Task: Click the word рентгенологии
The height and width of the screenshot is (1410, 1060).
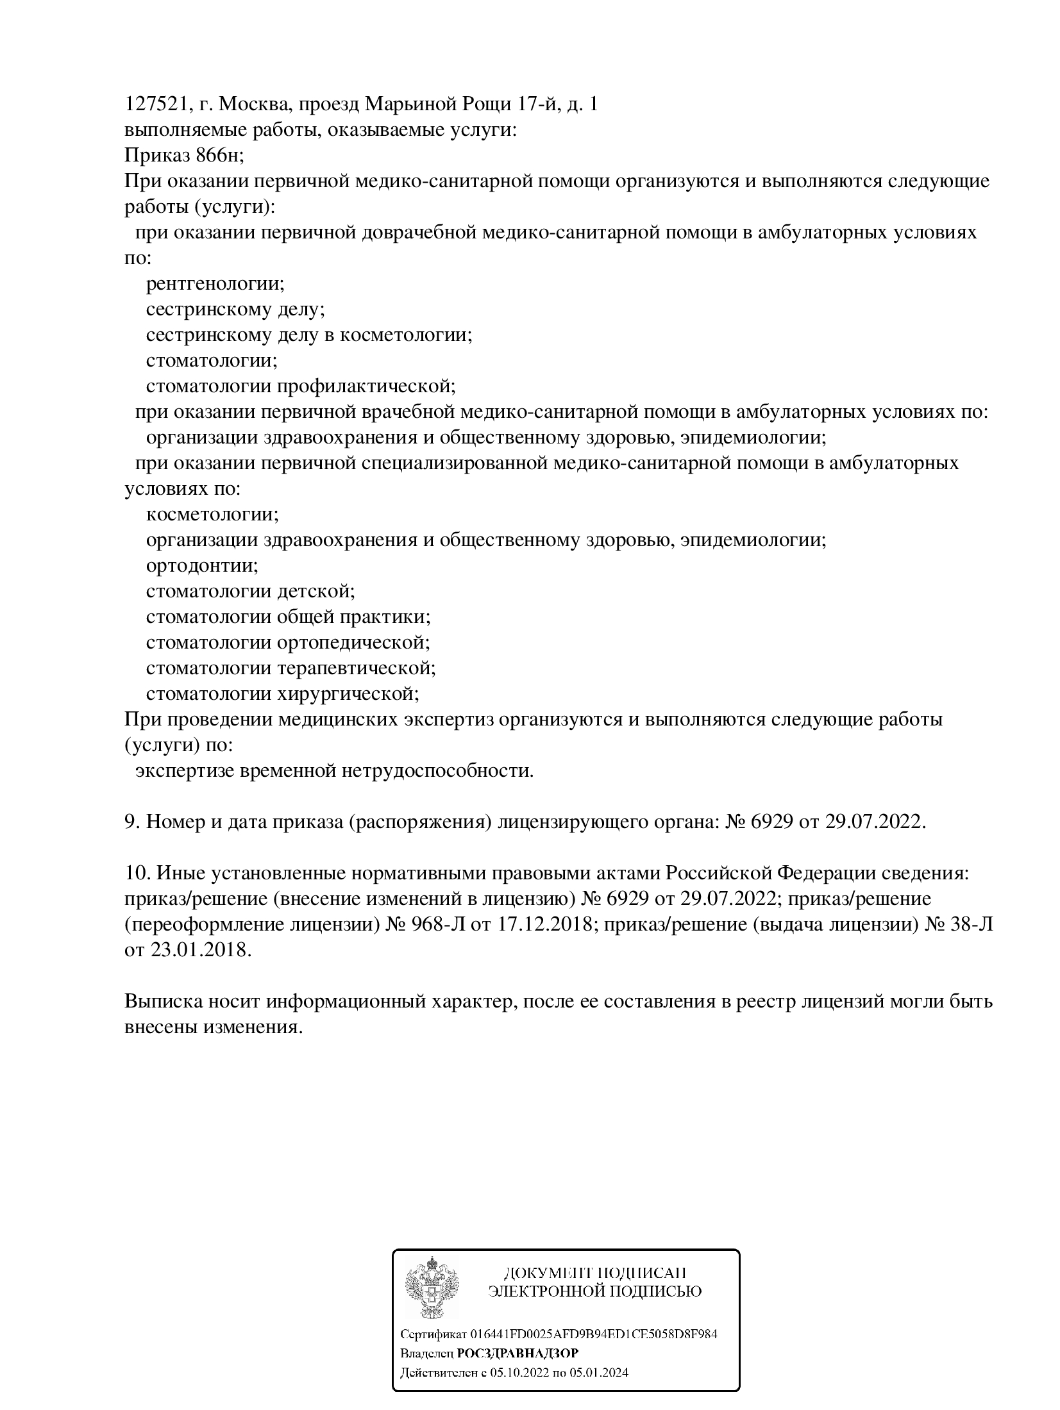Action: click(215, 283)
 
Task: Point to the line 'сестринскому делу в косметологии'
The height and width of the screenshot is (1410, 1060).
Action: click(309, 335)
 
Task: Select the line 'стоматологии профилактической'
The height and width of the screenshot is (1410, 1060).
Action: click(301, 386)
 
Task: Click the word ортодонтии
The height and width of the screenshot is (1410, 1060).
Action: click(202, 565)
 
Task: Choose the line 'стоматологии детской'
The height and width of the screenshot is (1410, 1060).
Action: click(251, 591)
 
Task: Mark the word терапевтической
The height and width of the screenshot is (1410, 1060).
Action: click(357, 668)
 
